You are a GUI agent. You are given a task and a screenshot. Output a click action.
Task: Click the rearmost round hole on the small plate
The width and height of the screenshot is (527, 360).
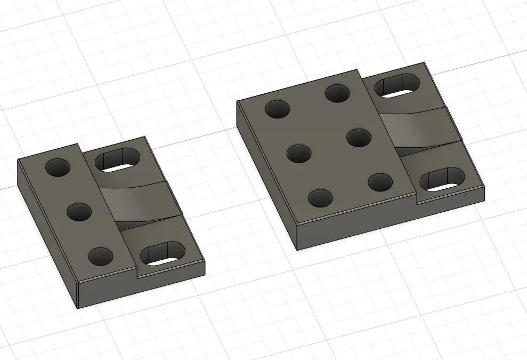(x=58, y=167)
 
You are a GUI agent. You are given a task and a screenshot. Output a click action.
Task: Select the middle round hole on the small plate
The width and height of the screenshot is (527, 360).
(x=79, y=212)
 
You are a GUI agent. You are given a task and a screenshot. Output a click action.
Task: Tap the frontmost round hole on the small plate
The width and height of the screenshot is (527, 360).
(x=101, y=256)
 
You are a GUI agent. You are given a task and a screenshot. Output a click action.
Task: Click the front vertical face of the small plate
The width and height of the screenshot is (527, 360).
(x=141, y=287)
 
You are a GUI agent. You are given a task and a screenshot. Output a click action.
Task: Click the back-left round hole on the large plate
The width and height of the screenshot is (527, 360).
(x=277, y=109)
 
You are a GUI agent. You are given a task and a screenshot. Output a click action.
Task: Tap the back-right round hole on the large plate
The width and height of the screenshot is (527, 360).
(x=337, y=93)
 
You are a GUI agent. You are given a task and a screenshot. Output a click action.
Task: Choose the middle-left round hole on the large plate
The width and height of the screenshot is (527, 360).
(x=298, y=154)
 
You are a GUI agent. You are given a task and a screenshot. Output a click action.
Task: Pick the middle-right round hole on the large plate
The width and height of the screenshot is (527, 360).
(x=359, y=138)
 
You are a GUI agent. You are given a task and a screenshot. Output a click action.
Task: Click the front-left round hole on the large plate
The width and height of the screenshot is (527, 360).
(x=320, y=198)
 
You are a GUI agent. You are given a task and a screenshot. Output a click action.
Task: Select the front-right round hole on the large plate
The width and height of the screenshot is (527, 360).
(x=380, y=182)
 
